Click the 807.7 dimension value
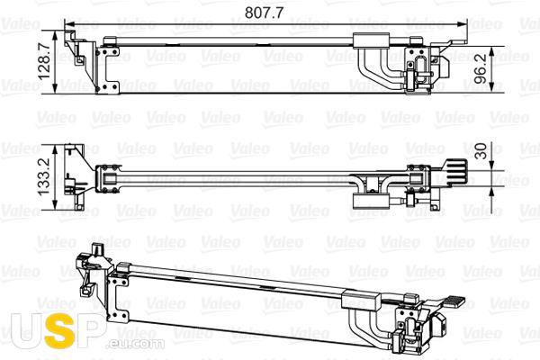pos(264,13)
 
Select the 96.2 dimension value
pos(481,69)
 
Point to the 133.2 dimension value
pos(44,177)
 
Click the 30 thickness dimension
pos(481,151)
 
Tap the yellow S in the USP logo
pos(59,330)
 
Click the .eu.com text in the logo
pos(135,344)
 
